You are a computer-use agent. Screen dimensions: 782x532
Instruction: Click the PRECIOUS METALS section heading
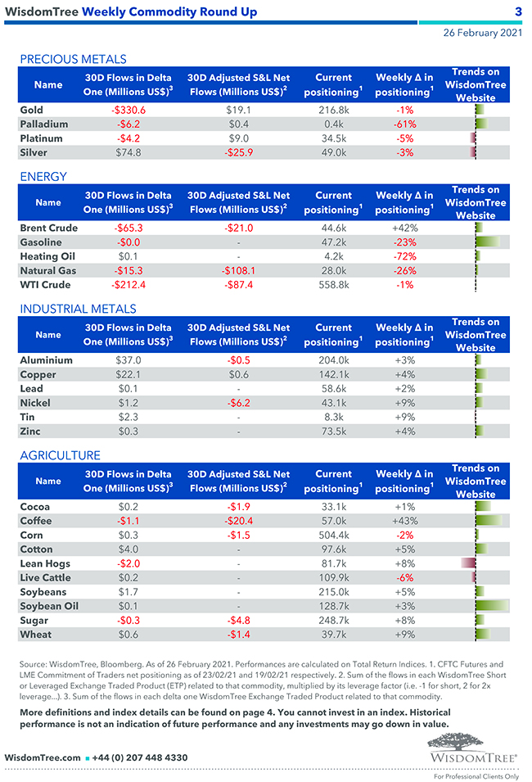point(73,59)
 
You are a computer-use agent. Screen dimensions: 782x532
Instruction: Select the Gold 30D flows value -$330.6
point(128,110)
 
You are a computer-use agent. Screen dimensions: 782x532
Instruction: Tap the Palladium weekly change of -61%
point(404,124)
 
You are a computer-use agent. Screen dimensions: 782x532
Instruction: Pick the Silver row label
point(34,152)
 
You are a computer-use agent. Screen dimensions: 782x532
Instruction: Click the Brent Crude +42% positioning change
point(404,228)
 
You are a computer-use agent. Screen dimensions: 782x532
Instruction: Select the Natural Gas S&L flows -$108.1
point(238,271)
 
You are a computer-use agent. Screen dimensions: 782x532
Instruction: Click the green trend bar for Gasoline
point(488,242)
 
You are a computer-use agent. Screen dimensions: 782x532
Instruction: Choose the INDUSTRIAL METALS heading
point(78,309)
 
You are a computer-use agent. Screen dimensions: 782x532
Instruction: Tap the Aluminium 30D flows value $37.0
point(128,360)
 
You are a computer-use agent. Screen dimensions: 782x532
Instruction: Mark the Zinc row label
point(30,432)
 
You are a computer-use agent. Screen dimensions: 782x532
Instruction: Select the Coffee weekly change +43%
point(404,521)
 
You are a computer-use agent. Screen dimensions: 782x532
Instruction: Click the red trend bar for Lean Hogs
point(468,563)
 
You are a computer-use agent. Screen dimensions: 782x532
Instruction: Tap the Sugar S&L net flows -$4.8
point(238,621)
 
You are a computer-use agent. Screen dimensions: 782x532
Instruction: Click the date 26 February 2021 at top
point(482,33)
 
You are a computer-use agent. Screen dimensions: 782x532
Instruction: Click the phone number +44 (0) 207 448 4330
point(141,758)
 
